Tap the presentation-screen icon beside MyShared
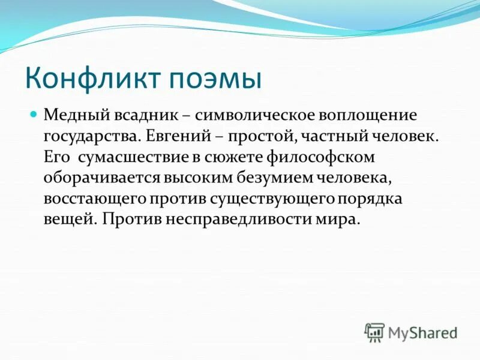tap(374, 332)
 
